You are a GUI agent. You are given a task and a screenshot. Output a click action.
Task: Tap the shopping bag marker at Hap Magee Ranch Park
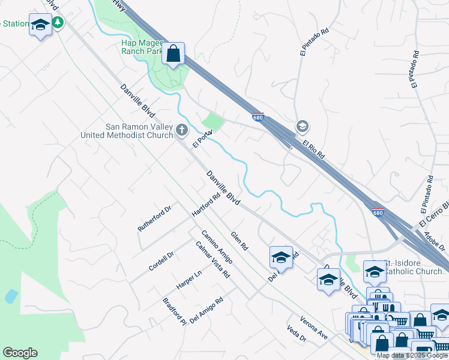173,54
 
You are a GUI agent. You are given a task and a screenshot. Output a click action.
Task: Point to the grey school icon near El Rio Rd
302,126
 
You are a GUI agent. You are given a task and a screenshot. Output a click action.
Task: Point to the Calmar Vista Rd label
213,259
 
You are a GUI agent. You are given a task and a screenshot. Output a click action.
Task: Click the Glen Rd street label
240,241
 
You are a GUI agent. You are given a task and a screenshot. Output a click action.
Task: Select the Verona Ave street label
314,327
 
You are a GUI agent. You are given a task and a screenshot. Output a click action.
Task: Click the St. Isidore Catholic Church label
413,267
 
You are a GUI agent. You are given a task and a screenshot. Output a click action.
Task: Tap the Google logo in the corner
20,353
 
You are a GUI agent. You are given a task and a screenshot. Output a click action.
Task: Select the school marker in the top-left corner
40,26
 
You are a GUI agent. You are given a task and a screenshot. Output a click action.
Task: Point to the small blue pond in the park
10,296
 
